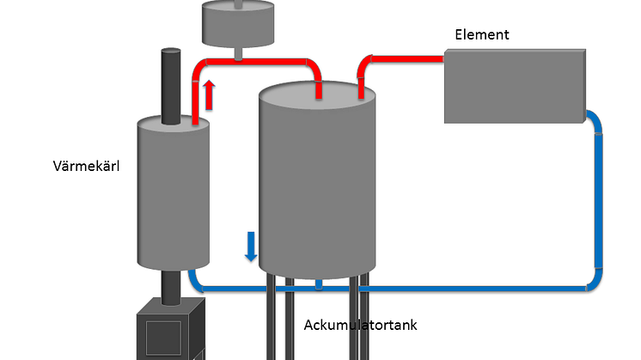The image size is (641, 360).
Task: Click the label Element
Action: point(482,34)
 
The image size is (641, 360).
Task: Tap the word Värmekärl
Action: point(85,167)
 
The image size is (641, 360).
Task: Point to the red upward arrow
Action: point(209,92)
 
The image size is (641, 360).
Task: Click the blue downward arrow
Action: point(251,245)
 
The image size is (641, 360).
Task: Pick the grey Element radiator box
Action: point(514,86)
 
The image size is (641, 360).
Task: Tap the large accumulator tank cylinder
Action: point(318,180)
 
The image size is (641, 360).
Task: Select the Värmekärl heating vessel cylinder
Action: point(174,193)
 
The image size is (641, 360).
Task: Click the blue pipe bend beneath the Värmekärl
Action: point(196,281)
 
